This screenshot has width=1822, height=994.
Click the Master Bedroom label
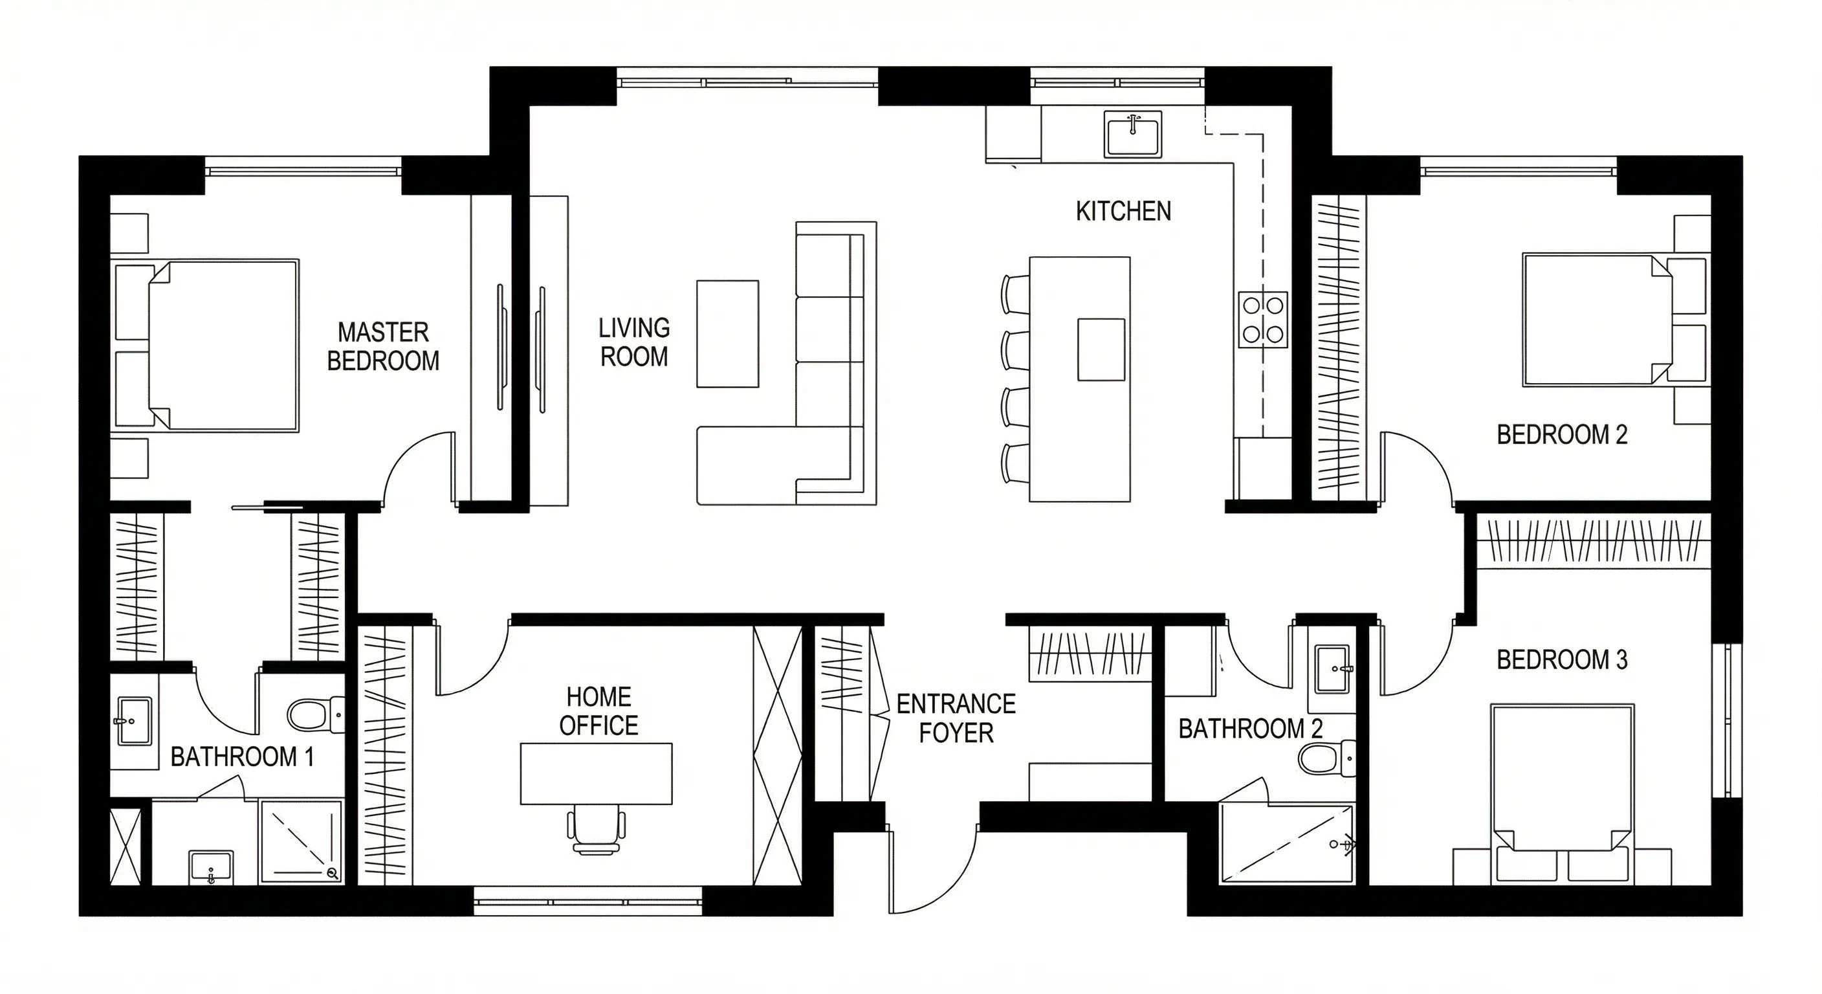tap(382, 347)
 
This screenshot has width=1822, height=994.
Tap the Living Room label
tap(633, 342)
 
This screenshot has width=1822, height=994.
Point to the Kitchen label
tap(1123, 211)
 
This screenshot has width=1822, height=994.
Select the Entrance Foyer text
tap(956, 718)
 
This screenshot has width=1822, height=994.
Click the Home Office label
tap(598, 711)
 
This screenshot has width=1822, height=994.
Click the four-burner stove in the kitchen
tap(1262, 319)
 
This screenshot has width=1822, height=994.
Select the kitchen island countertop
tap(1079, 379)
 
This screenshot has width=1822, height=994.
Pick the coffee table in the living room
tap(728, 334)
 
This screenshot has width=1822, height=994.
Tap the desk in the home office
tap(597, 773)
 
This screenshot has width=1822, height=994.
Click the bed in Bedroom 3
tap(1563, 794)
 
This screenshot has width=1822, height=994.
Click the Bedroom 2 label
tap(1562, 434)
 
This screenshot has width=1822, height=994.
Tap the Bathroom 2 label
tap(1251, 729)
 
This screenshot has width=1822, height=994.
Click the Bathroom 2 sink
tap(1334, 668)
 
